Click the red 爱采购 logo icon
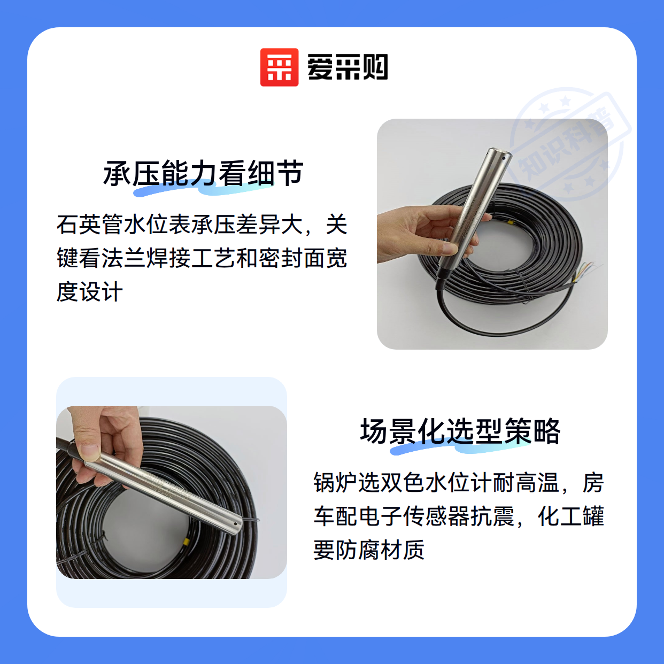tap(279, 67)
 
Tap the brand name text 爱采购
tap(348, 67)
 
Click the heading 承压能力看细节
tap(203, 173)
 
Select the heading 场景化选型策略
tap(460, 431)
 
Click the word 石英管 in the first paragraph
tap(90, 225)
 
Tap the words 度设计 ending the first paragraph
tap(90, 291)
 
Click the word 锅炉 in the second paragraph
tap(336, 482)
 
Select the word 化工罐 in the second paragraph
tap(570, 516)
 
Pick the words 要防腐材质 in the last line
tap(369, 549)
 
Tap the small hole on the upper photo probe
tap(504, 158)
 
